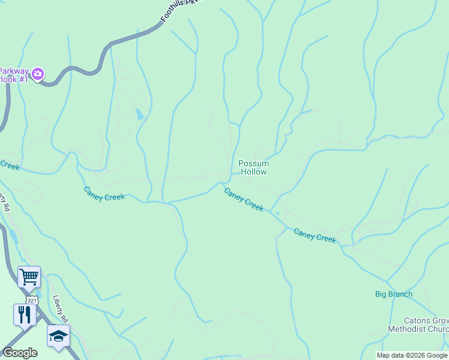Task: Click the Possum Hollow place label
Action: tap(253, 167)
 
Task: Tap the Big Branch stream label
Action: tap(394, 294)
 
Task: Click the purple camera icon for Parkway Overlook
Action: tap(38, 74)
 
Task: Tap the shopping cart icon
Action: tap(29, 277)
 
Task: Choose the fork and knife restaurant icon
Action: tap(25, 314)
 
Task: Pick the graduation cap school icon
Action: tap(58, 336)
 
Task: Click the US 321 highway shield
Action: tap(32, 299)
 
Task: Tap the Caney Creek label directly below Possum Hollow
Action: tap(244, 200)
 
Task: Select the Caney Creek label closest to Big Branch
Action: tap(315, 235)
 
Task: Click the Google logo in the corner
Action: tap(20, 353)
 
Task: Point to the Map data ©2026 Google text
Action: tap(412, 355)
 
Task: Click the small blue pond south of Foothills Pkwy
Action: tap(140, 114)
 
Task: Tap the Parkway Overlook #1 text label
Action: tap(13, 74)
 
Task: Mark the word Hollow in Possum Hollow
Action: tap(253, 172)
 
